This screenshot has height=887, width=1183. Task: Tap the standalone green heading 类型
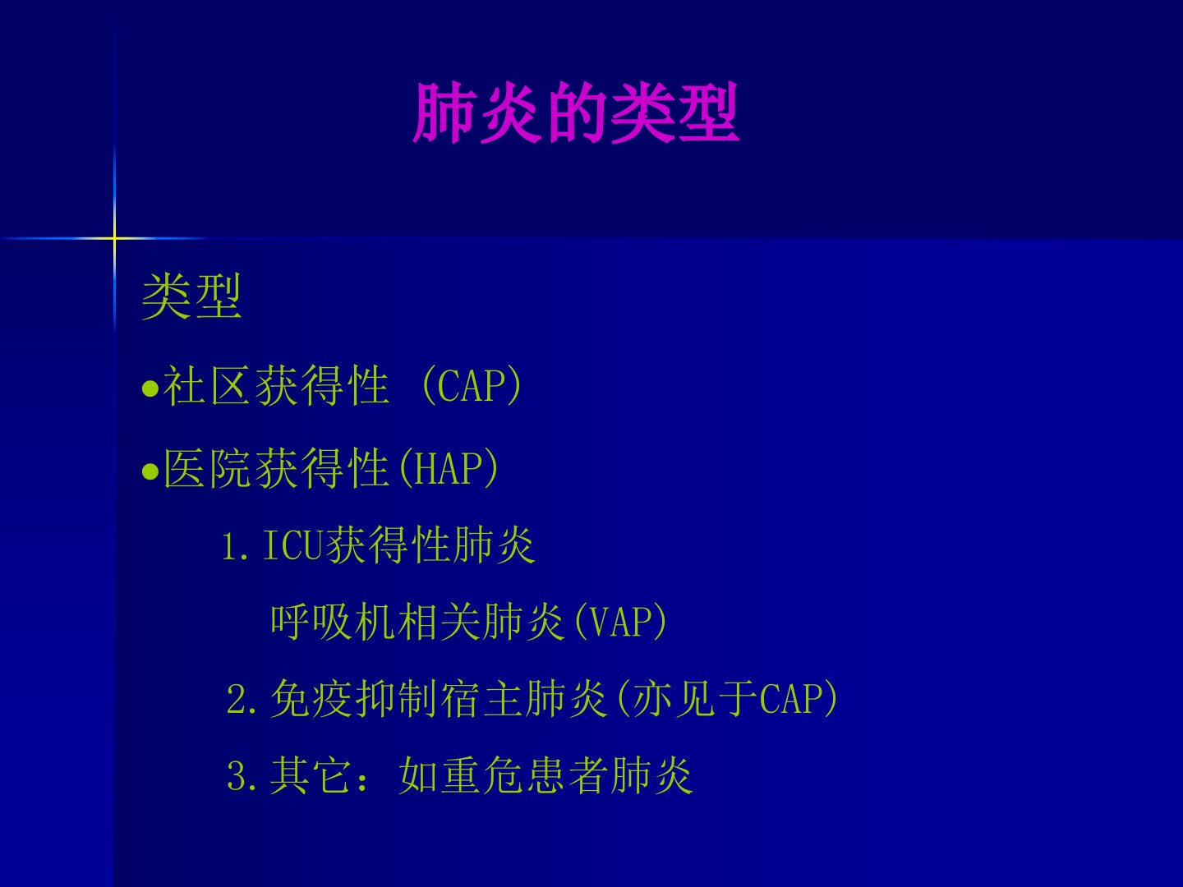click(x=191, y=296)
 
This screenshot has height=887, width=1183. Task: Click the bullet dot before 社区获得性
click(x=150, y=388)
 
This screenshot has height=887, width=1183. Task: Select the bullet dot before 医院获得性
click(x=150, y=471)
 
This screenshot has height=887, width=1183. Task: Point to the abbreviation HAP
click(x=448, y=469)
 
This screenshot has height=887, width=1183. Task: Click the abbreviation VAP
click(x=619, y=622)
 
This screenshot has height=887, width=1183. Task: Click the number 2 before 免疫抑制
click(x=236, y=699)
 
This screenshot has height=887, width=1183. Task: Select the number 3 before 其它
click(x=236, y=776)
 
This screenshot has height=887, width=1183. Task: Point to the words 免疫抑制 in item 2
click(x=354, y=698)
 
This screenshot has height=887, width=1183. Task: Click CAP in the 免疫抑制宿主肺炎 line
click(x=791, y=698)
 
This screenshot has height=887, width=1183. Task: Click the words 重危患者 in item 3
click(x=525, y=775)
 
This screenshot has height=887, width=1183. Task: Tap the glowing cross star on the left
click(x=114, y=237)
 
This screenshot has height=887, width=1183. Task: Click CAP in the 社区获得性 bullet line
click(x=472, y=386)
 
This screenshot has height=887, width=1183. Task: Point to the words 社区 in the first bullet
click(x=207, y=386)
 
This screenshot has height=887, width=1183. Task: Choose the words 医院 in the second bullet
click(x=207, y=469)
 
